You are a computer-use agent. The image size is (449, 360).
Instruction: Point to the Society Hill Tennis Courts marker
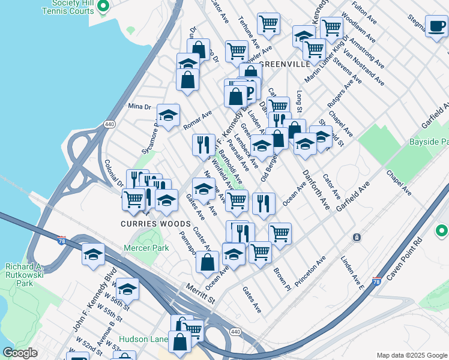click(x=103, y=7)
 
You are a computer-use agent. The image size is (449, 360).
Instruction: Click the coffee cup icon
click(x=436, y=26)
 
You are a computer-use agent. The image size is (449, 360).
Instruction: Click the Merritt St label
click(x=200, y=290)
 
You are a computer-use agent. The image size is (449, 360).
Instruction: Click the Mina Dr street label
click(x=139, y=107)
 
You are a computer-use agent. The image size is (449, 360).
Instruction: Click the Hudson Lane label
click(x=143, y=339)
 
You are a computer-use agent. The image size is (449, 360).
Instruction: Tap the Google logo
click(x=20, y=353)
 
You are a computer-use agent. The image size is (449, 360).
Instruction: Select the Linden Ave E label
click(x=352, y=272)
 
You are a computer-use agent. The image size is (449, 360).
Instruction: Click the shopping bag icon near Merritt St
click(x=207, y=262)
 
